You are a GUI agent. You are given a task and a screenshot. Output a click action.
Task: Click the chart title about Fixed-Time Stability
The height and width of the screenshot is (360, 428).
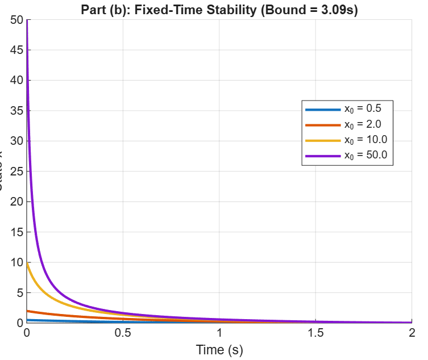[219, 11]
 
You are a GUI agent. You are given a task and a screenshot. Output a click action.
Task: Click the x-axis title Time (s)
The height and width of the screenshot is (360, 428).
[219, 350]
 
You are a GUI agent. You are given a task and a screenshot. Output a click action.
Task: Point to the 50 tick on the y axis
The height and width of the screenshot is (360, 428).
[16, 20]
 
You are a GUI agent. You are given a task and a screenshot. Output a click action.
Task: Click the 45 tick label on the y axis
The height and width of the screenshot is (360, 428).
[16, 50]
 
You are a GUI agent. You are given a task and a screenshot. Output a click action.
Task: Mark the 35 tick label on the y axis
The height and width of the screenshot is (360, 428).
[16, 111]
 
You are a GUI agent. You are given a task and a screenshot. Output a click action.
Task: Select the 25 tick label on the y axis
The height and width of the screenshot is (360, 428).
[16, 171]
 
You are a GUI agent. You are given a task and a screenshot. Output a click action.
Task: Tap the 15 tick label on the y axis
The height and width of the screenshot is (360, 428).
[16, 232]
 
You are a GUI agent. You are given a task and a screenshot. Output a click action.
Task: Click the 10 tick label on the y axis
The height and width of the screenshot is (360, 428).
[16, 262]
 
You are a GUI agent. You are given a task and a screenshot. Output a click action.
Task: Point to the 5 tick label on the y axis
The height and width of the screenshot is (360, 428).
[19, 293]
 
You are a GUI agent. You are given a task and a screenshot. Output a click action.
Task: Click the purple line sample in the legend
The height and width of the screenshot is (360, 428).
[322, 155]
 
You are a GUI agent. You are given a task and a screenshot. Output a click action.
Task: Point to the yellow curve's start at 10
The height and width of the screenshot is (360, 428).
[27, 262]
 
